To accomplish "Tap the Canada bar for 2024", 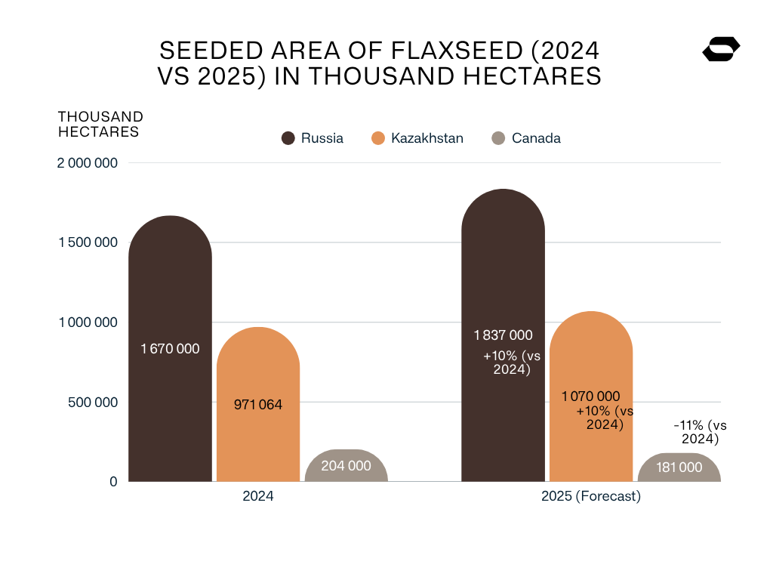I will coord(346,468).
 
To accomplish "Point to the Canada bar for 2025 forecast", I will coord(679,469).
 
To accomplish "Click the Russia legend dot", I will coord(288,138).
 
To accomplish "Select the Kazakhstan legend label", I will coord(427,138).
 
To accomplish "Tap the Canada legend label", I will coord(536,138).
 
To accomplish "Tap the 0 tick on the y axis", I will coord(113,482).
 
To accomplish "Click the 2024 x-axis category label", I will coord(257,497).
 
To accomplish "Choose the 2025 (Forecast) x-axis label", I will coord(590,497).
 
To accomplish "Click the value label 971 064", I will coord(258,405).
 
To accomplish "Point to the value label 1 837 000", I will coord(503,335).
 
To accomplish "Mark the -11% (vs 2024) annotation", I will coord(696,433).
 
